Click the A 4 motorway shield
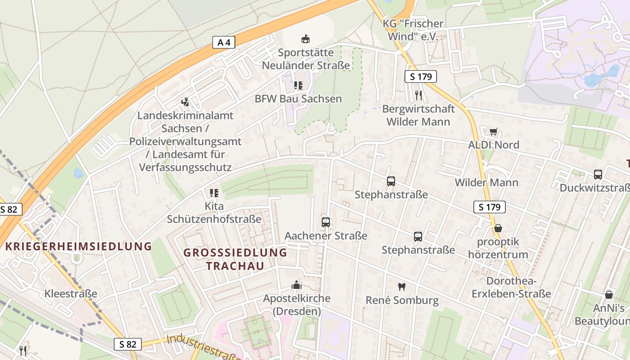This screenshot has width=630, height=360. (x=224, y=43)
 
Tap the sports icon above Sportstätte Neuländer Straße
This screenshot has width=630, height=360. (x=306, y=39)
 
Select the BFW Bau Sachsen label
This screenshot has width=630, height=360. (x=298, y=99)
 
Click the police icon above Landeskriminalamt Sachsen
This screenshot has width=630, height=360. (x=185, y=102)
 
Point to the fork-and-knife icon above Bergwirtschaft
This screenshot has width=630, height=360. (x=418, y=95)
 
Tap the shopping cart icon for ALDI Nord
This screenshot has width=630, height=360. (x=494, y=131)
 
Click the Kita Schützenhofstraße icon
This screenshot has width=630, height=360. (x=214, y=193)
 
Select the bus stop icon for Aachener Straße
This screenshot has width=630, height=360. (x=326, y=222)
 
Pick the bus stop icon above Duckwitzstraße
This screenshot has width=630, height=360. (x=598, y=175)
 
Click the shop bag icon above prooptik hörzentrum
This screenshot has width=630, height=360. (x=498, y=228)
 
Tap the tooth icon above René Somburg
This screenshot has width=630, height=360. (x=402, y=286)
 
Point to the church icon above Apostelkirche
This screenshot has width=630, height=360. (x=296, y=285)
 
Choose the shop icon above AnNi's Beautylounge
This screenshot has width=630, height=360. (x=609, y=295)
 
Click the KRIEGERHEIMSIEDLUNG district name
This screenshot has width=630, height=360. (x=79, y=246)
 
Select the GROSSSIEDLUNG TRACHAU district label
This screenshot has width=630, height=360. (x=235, y=259)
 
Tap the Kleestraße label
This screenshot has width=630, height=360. (x=71, y=294)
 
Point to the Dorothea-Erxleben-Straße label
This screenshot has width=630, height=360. (x=511, y=288)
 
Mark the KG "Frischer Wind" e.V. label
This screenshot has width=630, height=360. (x=413, y=30)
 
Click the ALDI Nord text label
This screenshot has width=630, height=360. (x=494, y=145)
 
